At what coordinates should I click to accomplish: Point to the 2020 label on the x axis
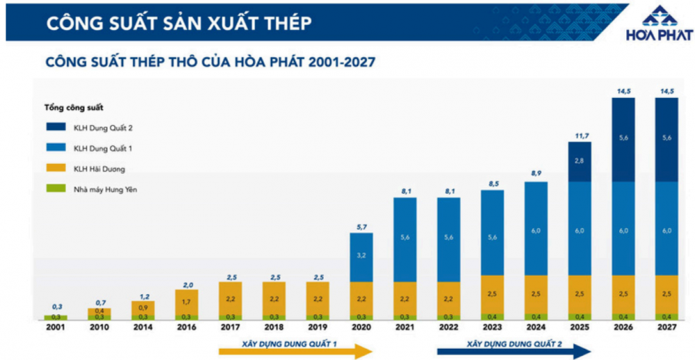(361, 327)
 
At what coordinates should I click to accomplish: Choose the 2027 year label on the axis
(667, 327)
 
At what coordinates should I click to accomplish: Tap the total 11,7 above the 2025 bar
(580, 135)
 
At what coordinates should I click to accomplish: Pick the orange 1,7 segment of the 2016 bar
(186, 302)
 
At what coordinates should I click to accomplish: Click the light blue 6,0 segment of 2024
(536, 229)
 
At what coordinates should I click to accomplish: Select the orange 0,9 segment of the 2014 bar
(142, 306)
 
